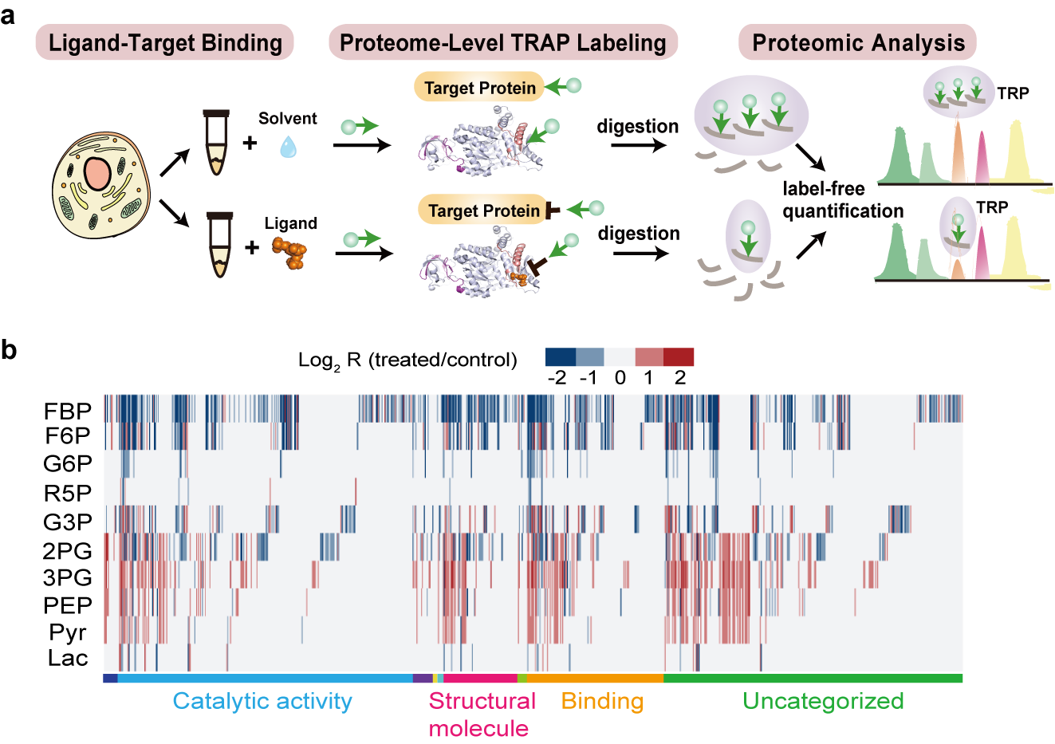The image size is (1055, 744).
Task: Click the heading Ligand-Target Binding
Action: tap(165, 42)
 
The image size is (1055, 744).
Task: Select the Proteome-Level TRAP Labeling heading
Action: tap(502, 42)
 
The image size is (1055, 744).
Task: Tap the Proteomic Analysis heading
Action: tap(858, 42)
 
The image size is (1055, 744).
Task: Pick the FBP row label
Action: tap(68, 411)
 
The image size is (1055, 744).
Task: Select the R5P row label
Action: tap(68, 494)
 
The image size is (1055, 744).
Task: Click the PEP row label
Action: tap(68, 605)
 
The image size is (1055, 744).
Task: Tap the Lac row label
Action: tap(68, 659)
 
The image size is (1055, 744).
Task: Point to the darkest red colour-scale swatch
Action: tap(679, 356)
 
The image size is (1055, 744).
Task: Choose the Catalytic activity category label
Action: tap(262, 701)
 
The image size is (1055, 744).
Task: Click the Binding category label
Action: tap(602, 701)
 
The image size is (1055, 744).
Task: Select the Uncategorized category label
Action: tap(823, 701)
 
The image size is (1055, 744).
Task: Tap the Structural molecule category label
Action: tap(481, 714)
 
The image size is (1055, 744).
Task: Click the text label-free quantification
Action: tap(842, 200)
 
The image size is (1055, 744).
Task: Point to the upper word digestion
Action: tap(637, 127)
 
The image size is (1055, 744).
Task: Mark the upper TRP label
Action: tap(1013, 93)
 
